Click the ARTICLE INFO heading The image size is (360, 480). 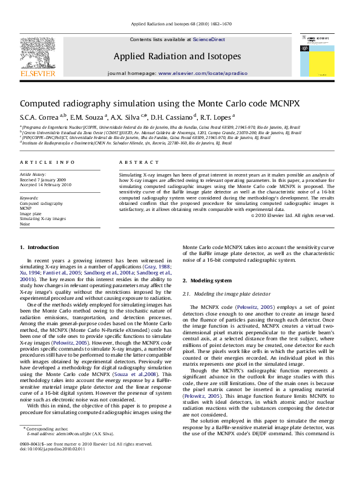click(40, 163)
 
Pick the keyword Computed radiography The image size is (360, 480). click(38, 204)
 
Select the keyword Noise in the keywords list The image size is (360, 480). click(25, 224)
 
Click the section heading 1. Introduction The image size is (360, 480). click(39, 247)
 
